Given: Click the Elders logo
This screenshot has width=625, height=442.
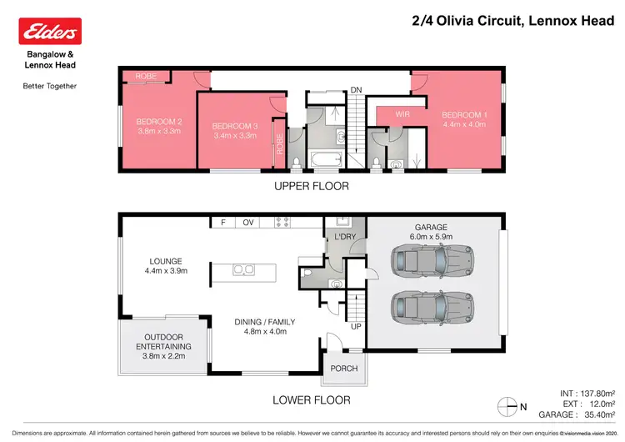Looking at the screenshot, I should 49,32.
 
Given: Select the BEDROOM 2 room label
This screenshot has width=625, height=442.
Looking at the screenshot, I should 158,122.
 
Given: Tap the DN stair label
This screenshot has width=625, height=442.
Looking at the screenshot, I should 356,89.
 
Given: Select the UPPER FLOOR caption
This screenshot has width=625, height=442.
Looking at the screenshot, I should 312,186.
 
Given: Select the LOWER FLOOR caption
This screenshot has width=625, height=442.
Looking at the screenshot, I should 312,400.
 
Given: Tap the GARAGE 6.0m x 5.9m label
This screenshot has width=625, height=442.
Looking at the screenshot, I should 431,231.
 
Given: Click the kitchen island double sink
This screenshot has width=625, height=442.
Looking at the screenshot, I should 244,269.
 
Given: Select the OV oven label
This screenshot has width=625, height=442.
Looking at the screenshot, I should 247,223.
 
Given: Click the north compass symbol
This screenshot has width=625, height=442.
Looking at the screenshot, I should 507,407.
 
